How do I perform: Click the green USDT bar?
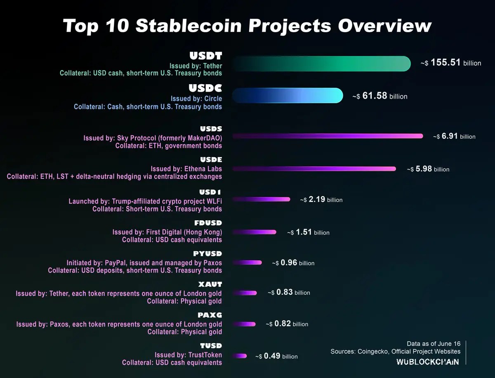[322, 64]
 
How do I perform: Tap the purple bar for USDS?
[328, 136]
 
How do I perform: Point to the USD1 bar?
[262, 199]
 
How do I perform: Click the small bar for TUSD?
[240, 356]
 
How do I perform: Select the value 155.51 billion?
[451, 63]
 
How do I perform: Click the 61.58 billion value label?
[380, 96]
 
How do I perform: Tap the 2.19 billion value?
[321, 200]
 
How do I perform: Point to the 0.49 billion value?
[276, 356]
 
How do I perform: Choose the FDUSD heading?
[208, 223]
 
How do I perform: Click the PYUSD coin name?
[207, 254]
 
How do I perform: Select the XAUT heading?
[210, 284]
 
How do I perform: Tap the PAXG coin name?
[210, 315]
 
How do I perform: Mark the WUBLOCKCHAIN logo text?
[427, 362]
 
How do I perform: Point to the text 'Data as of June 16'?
[434, 343]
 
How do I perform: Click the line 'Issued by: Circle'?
[196, 99]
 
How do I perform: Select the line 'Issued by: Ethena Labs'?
[186, 169]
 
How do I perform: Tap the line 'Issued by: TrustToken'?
[188, 355]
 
